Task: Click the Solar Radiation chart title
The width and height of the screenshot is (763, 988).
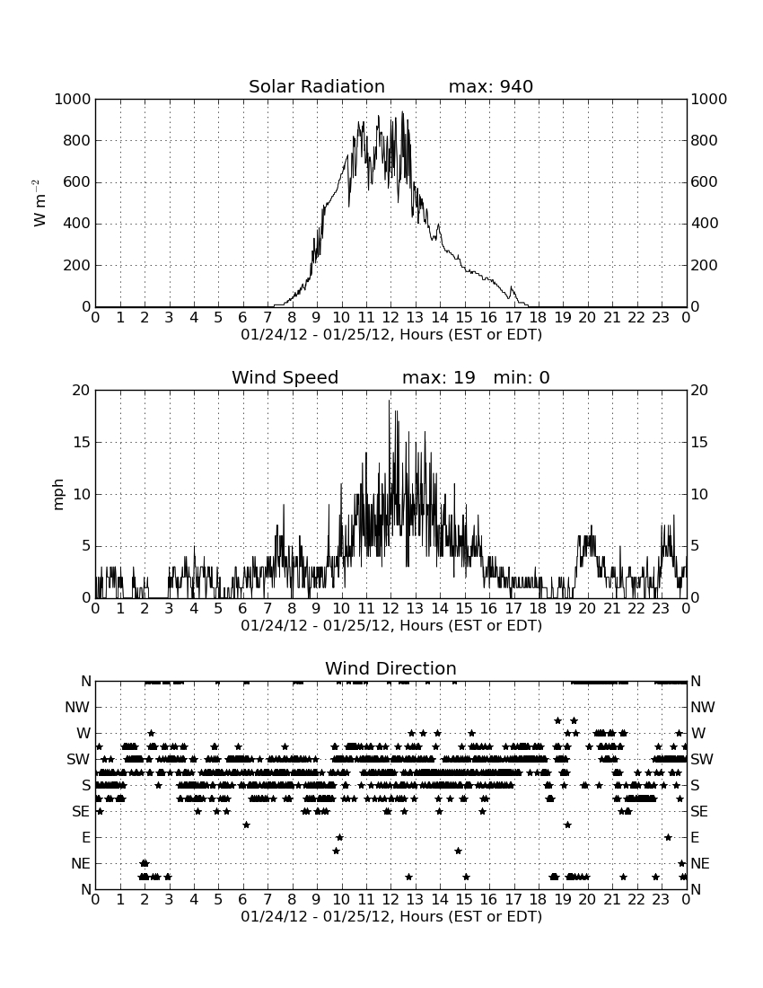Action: pos(317,86)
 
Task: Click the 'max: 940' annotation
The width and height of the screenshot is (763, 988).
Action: pos(490,86)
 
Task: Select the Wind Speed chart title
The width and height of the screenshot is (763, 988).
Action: pos(285,377)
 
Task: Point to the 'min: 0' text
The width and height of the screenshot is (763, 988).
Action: pos(522,377)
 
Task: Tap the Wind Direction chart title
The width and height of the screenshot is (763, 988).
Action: pos(390,668)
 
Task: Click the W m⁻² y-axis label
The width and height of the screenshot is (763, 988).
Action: pos(39,203)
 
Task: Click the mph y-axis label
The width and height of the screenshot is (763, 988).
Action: pos(58,495)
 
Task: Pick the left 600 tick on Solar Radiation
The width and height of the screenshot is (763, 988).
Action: pos(77,182)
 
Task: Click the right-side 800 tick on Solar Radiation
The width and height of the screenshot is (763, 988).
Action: pos(705,140)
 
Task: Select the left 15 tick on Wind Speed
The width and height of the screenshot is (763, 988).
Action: pos(82,442)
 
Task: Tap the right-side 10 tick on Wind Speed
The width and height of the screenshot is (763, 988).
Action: pos(699,495)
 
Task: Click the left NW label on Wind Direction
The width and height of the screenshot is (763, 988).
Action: pos(77,708)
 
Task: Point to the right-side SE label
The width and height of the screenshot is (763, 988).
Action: pos(699,812)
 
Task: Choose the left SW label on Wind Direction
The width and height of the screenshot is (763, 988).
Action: pos(79,760)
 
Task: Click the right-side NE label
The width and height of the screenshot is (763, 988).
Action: pos(700,864)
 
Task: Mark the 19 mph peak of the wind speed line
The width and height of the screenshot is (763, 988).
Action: pos(389,400)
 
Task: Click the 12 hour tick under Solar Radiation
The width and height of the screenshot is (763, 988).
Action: pos(390,317)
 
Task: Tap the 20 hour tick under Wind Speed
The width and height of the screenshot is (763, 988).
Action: pos(587,608)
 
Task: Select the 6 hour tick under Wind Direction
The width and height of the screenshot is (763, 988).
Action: pos(243,899)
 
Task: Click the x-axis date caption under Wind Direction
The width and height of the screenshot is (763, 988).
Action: pos(391,916)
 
